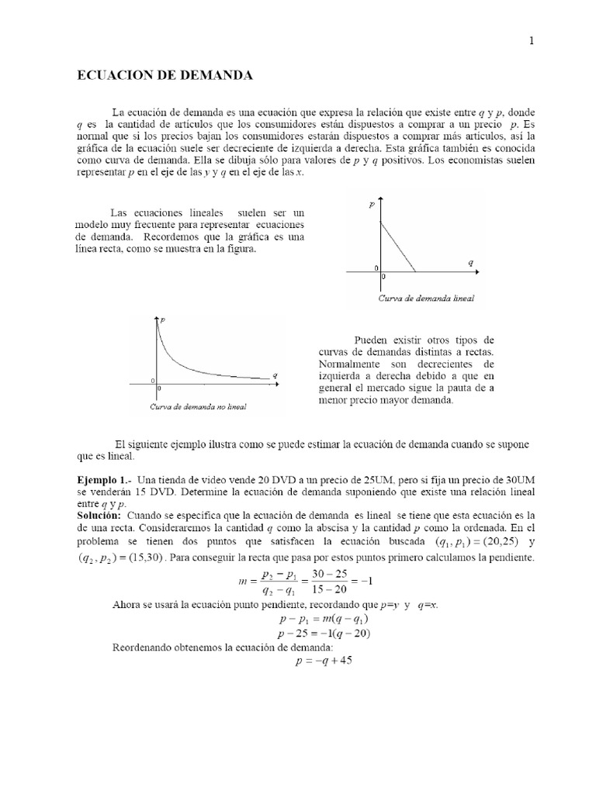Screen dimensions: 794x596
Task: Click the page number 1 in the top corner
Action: (x=532, y=42)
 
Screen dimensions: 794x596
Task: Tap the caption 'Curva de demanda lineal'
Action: (x=426, y=297)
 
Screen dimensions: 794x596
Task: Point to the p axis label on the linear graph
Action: (x=372, y=205)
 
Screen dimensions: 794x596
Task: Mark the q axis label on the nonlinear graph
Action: (x=275, y=375)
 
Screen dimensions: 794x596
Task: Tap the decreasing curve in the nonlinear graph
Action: (x=194, y=364)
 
